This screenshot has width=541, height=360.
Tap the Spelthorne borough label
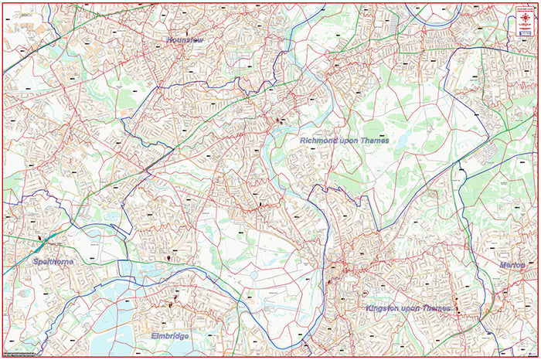tap(53, 262)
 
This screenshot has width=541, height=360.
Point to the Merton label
tap(512, 265)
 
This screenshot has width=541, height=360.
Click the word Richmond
tap(320, 141)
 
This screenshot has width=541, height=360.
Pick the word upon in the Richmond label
tap(352, 141)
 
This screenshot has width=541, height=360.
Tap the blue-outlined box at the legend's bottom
tap(526, 33)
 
